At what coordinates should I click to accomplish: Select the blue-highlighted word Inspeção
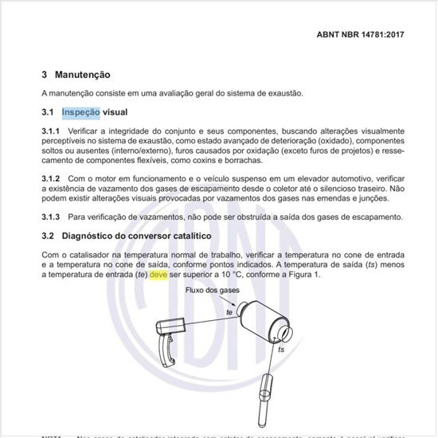coord(80,112)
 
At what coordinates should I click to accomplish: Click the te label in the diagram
coord(229,313)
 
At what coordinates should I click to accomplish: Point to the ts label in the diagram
coord(280,350)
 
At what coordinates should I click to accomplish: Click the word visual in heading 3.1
coord(114,112)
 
